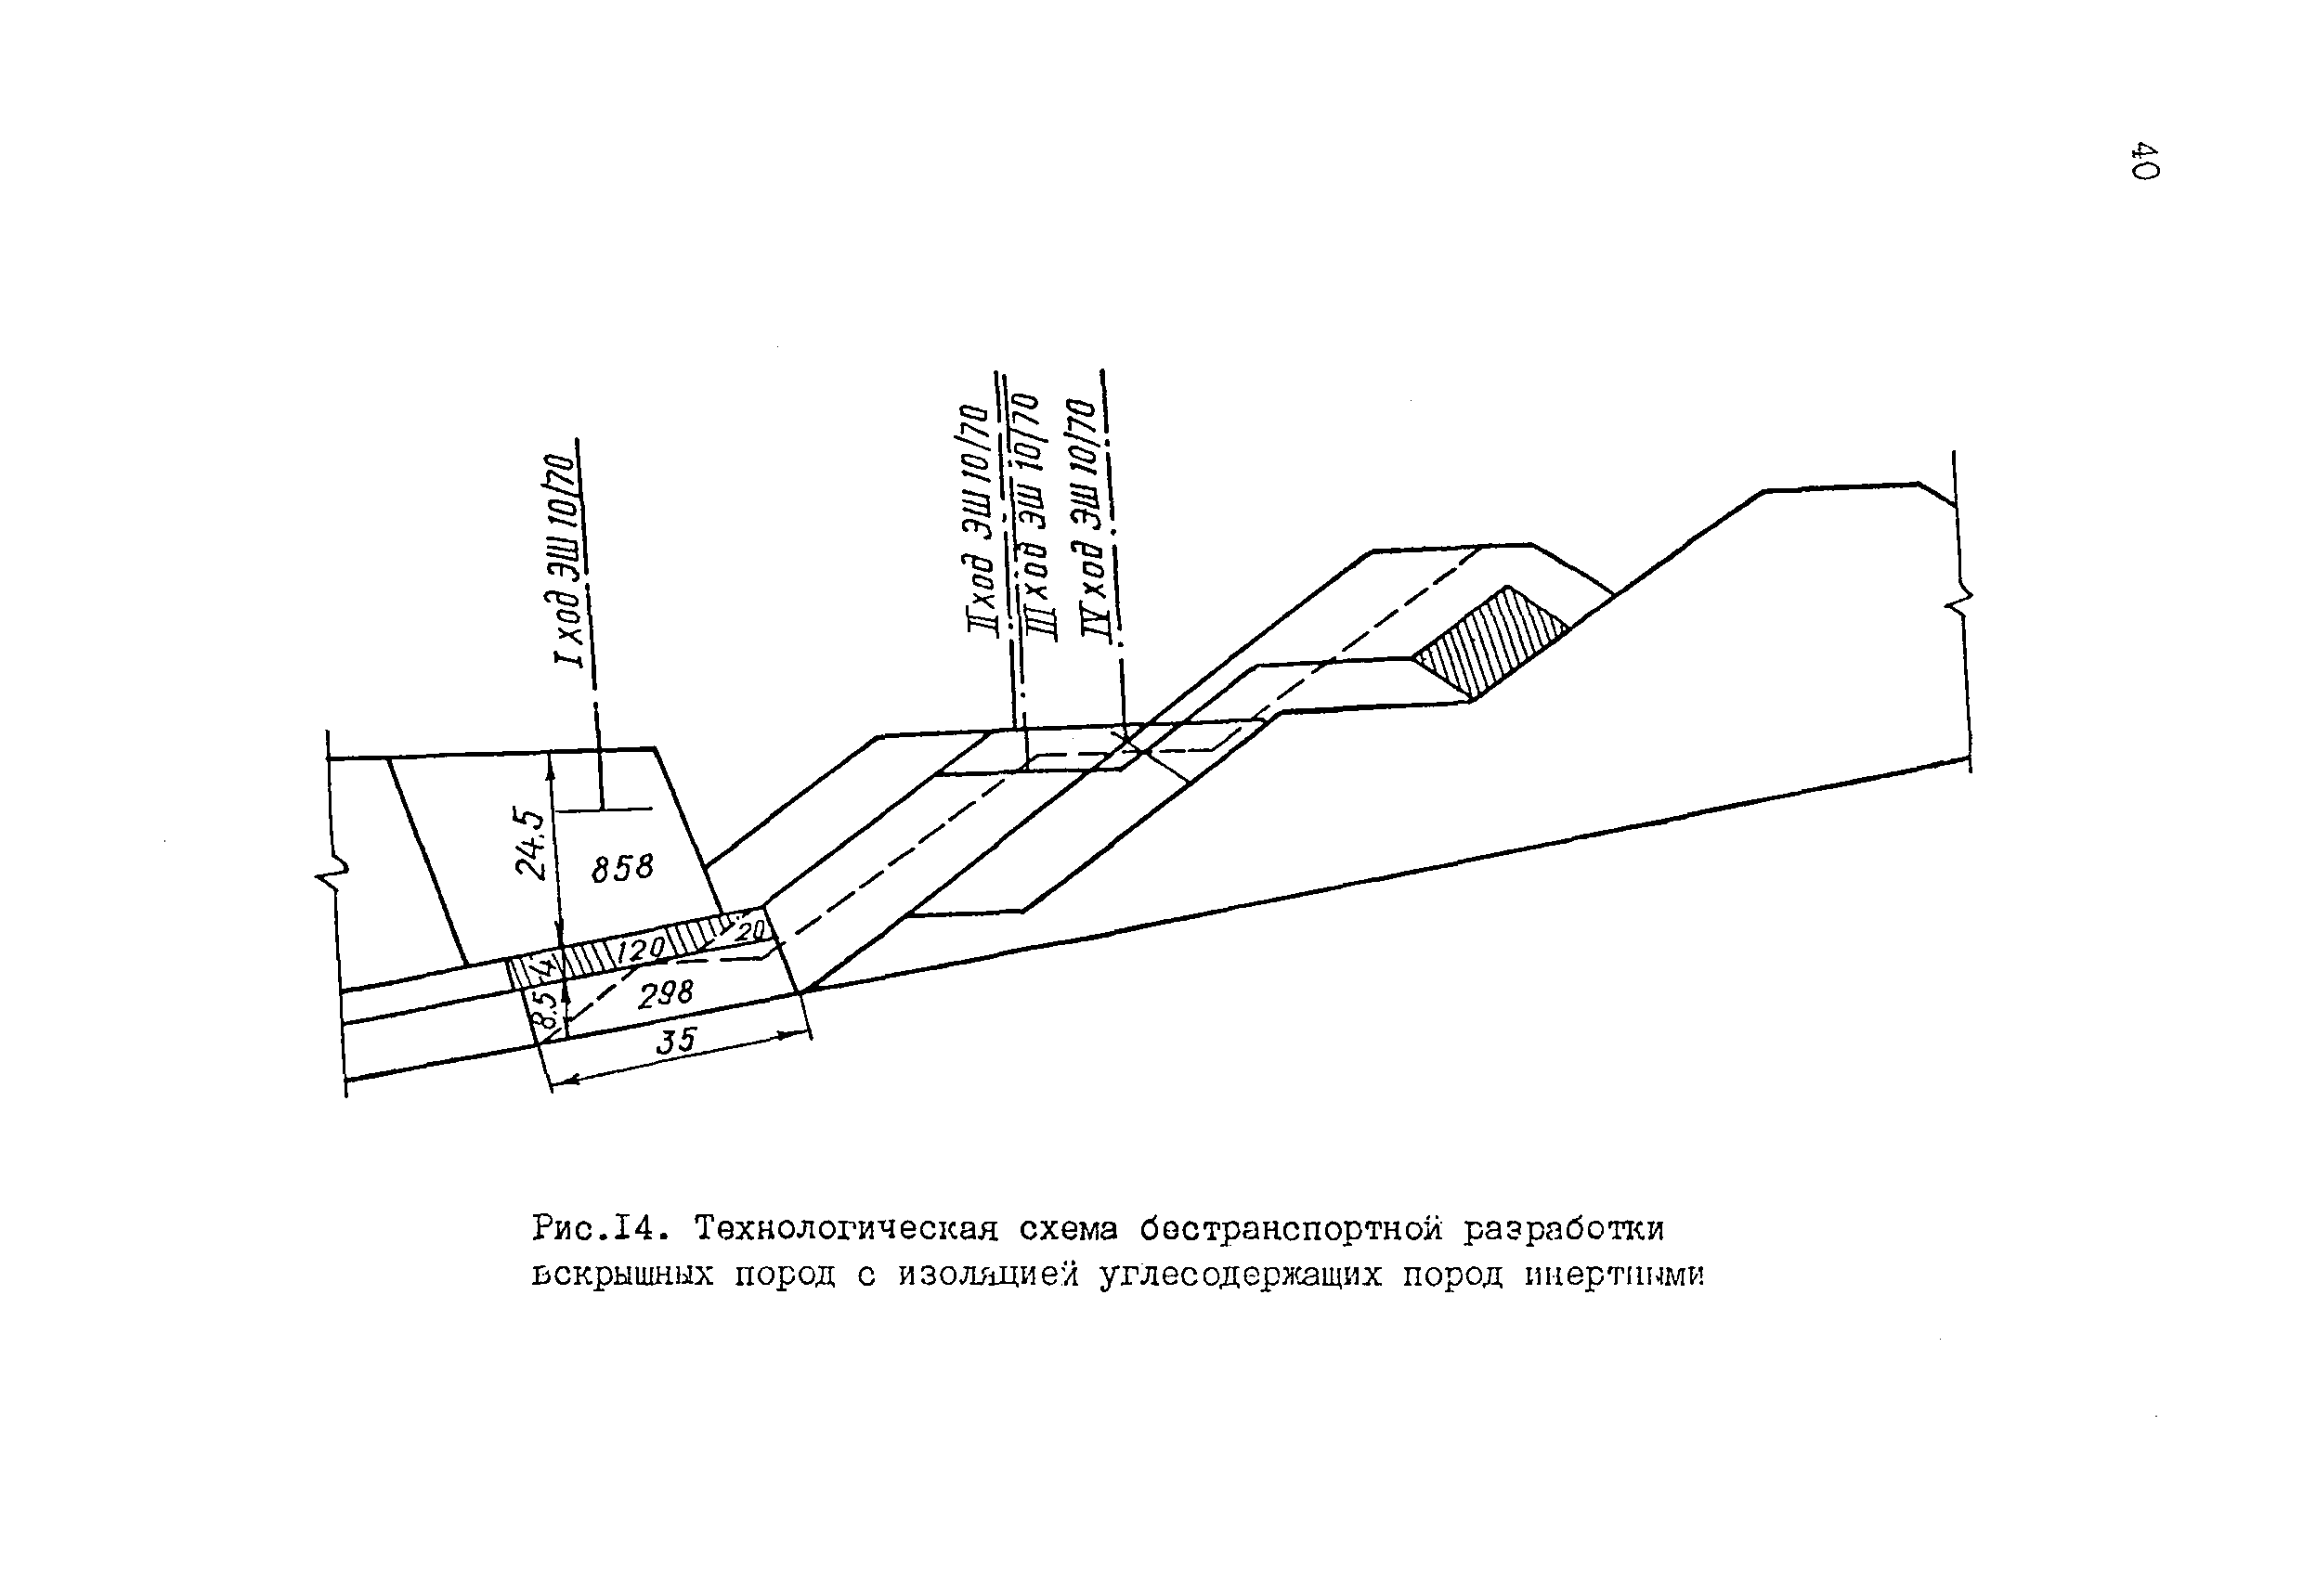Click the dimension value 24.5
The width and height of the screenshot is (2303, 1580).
coord(531,844)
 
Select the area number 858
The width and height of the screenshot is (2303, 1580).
coord(622,869)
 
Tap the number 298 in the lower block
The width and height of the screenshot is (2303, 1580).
coord(665,993)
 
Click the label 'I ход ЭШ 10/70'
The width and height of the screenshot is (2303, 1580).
coord(565,561)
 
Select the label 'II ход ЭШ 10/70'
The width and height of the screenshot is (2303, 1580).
coord(976,519)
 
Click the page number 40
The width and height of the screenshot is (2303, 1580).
coord(2144,161)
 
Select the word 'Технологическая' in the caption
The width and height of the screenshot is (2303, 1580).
coord(845,1229)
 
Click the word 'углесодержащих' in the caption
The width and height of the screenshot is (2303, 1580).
coord(1240,1275)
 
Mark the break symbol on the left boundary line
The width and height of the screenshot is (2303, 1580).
coord(335,875)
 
